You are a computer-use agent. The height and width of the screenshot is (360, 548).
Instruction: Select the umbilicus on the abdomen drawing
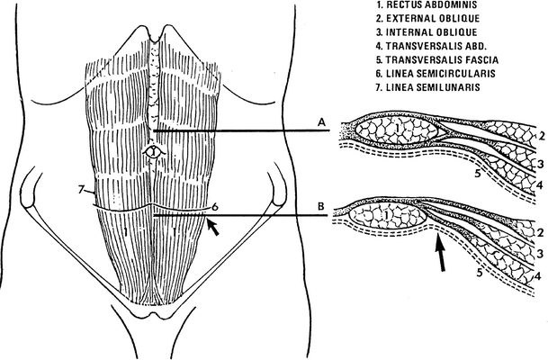pyautogui.click(x=154, y=152)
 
